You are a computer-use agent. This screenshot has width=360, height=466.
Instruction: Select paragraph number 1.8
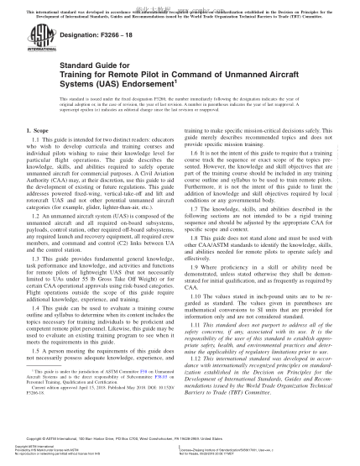pos(195,237)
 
